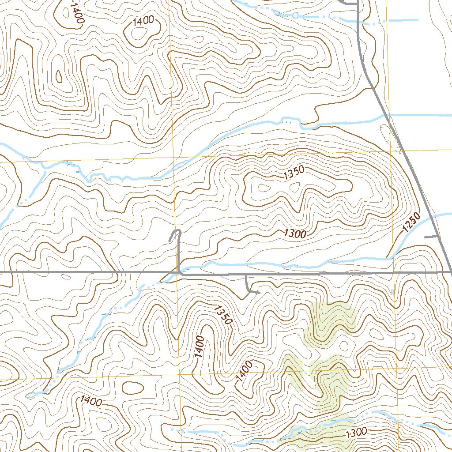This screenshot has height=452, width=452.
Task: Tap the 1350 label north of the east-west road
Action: pos(294,174)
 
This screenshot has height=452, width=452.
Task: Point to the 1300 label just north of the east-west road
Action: pos(295,234)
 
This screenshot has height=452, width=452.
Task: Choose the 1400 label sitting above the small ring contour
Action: pos(143,20)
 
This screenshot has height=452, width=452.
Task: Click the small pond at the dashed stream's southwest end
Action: pos(31,395)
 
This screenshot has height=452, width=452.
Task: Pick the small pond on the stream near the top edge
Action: pos(295,15)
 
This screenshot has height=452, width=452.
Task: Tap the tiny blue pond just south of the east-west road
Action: pos(392,292)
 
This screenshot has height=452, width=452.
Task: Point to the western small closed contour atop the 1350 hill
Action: pos(265,188)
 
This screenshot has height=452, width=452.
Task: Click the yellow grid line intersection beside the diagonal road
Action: pos(392,150)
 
